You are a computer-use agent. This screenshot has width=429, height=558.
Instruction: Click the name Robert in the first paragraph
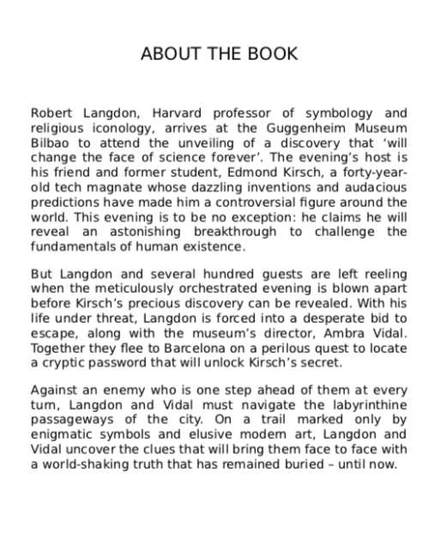(x=54, y=112)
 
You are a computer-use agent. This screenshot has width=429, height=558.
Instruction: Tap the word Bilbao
(x=50, y=143)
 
